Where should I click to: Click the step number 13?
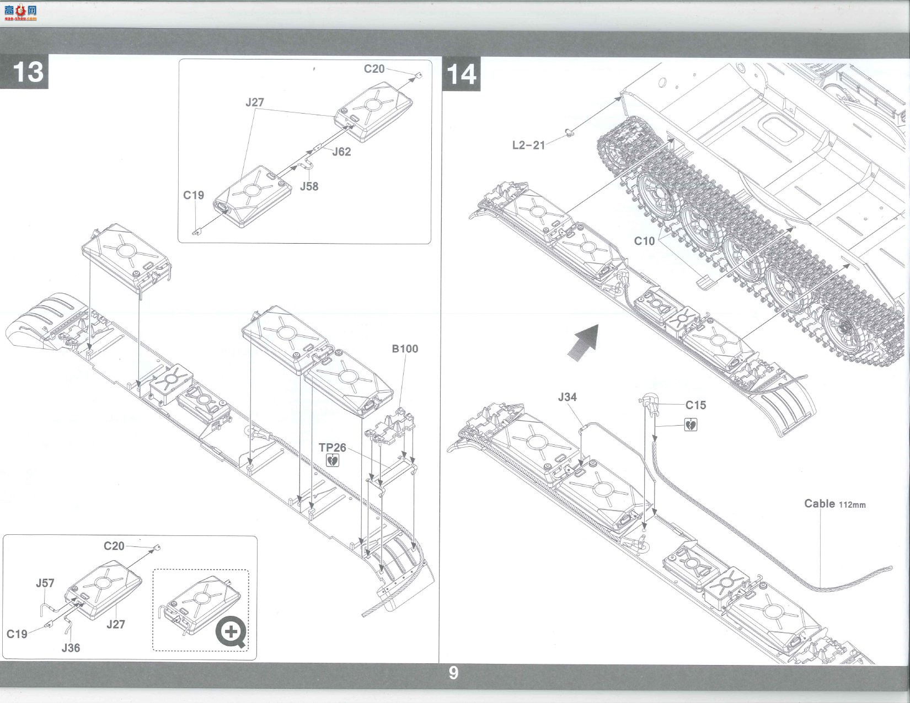tap(28, 72)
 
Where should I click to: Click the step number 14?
tap(462, 75)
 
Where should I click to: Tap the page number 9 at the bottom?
tap(453, 673)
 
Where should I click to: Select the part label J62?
tap(341, 152)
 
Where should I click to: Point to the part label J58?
tap(309, 186)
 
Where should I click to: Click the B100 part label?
tap(405, 349)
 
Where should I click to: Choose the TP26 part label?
tap(333, 448)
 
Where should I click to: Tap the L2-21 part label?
tap(529, 146)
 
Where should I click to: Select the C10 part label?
tap(644, 241)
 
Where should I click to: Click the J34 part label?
tap(568, 397)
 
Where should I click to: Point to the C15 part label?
tap(695, 405)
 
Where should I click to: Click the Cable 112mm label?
tap(834, 504)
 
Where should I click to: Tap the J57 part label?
tap(45, 583)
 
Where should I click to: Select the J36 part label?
tap(71, 648)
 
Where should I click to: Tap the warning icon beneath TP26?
tap(333, 460)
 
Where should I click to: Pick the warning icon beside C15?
tap(690, 425)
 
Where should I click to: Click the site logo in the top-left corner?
tap(20, 13)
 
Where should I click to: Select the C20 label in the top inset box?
tap(374, 69)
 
